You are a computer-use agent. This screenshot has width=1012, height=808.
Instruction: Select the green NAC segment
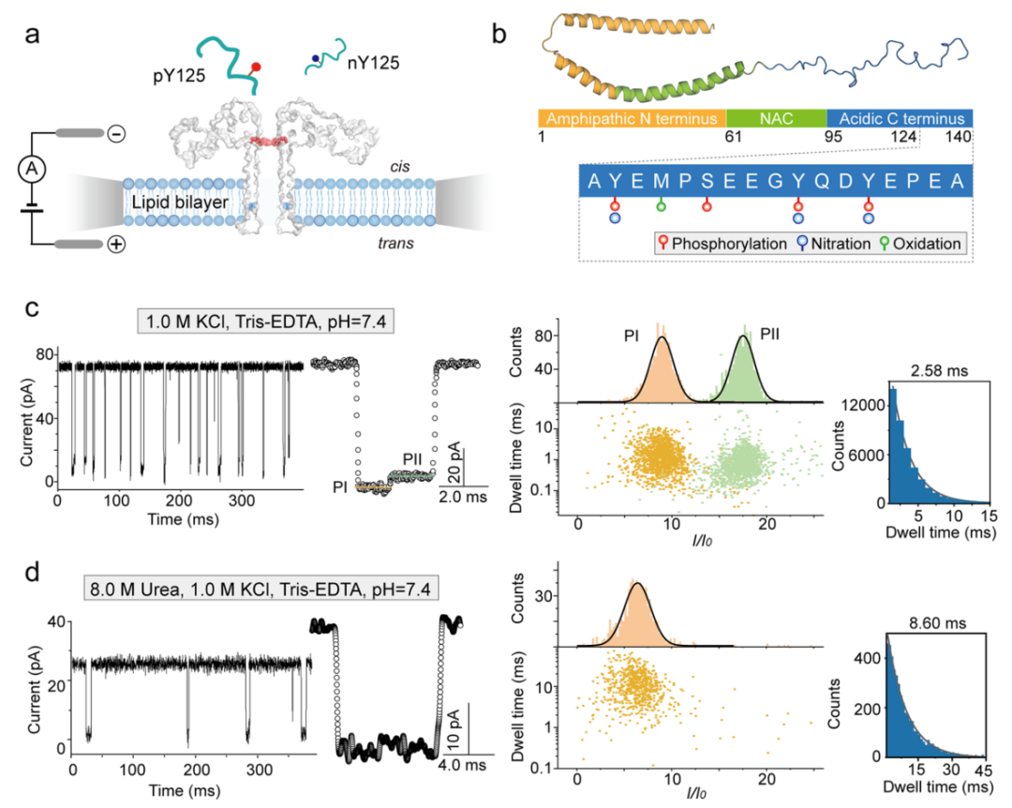click(x=776, y=119)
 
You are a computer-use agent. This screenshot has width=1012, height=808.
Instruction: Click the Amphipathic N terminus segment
click(x=632, y=119)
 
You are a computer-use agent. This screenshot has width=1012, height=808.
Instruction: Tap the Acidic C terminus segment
click(x=900, y=119)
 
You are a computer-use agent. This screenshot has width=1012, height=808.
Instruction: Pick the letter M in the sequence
click(x=662, y=180)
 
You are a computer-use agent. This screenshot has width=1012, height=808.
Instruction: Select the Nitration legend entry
click(x=841, y=243)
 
